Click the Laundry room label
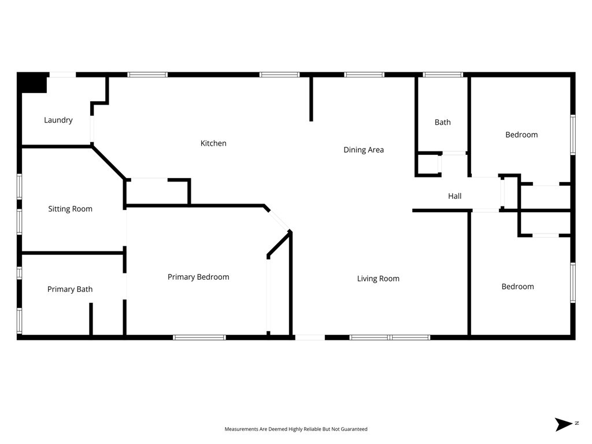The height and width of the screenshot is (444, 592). tap(58, 120)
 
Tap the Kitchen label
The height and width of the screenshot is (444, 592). tap(213, 143)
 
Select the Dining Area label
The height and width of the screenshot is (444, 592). tap(364, 150)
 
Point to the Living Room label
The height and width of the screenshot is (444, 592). tap(378, 279)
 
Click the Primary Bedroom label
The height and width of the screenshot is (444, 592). tap(198, 277)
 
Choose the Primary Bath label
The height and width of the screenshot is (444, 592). tap(70, 289)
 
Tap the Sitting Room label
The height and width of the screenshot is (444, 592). tap(70, 209)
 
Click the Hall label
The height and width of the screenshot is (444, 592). tap(455, 196)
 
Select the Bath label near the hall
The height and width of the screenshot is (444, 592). tap(443, 122)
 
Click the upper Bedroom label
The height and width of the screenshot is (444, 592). tap(521, 135)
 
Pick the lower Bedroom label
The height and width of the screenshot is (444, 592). tap(517, 287)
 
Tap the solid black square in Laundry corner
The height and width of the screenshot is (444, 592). tap(32, 83)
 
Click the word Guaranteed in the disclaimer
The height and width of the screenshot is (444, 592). tap(352, 429)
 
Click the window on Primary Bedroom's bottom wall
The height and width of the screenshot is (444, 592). tap(199, 337)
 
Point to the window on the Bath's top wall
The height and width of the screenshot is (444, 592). tap(443, 75)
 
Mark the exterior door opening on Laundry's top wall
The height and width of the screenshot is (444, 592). tap(62, 75)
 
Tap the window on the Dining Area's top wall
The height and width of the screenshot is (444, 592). tap(364, 75)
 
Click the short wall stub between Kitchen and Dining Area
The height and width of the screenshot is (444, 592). tap(311, 98)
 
